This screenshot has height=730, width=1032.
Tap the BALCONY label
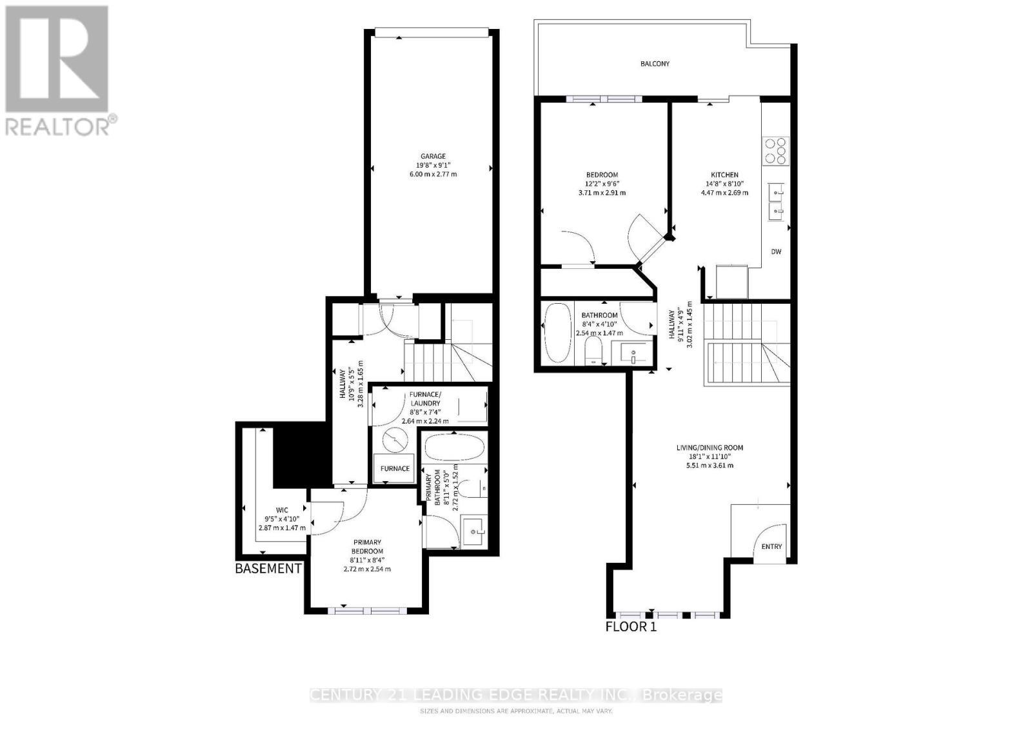pyautogui.click(x=655, y=64)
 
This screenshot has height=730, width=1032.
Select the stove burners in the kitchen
pyautogui.click(x=775, y=150)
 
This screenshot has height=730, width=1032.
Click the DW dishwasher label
pyautogui.click(x=776, y=252)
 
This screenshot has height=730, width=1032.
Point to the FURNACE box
pyautogui.click(x=395, y=469)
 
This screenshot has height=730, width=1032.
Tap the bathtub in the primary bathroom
pyautogui.click(x=453, y=446)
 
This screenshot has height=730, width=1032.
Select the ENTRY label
pyautogui.click(x=771, y=546)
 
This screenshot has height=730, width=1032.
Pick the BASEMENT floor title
pyautogui.click(x=268, y=569)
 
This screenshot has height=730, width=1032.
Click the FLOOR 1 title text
pyautogui.click(x=631, y=626)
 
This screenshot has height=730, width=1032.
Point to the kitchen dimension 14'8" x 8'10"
pyautogui.click(x=724, y=184)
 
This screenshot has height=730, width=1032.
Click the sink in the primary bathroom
pyautogui.click(x=475, y=532)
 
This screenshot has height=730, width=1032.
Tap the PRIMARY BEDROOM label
pyautogui.click(x=367, y=546)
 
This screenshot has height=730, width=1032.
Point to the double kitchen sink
pyautogui.click(x=775, y=201)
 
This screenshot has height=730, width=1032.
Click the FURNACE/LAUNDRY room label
pyautogui.click(x=424, y=399)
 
